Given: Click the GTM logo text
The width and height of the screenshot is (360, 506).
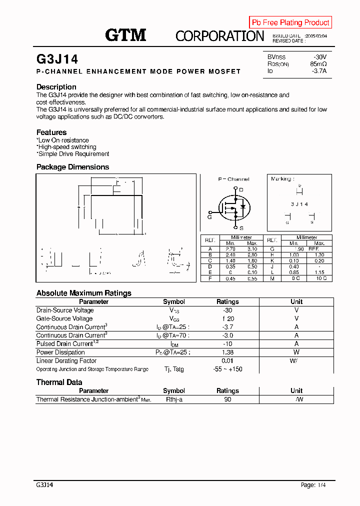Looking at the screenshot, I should pos(125,35).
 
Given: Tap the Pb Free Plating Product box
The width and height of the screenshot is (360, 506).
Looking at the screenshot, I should pos(290,22).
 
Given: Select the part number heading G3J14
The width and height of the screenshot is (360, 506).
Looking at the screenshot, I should pos(57,59).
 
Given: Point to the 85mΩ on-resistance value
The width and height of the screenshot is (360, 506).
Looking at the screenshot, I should pos(318,64).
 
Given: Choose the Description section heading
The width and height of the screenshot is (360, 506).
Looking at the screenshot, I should pos(56,87).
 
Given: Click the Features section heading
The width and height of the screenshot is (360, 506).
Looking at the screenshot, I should pos(51,132).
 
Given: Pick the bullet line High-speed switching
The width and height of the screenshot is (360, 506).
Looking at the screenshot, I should pos(66,147).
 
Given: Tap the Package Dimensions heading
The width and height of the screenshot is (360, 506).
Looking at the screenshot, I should pos(72,167).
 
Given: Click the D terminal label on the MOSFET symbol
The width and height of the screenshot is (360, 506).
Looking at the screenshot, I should pos(241,189).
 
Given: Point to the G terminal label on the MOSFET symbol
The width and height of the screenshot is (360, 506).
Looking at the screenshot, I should pos(210,216).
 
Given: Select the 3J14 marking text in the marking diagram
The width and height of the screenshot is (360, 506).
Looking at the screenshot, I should pos(299,204).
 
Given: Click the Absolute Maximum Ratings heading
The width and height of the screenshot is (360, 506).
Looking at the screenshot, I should pos(83,293).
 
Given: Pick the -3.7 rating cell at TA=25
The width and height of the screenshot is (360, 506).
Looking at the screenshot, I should pos(227,327).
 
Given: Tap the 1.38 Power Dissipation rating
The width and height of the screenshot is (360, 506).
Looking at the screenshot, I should pos(227,352).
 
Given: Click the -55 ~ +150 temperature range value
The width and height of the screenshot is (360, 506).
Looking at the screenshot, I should pos(227,369).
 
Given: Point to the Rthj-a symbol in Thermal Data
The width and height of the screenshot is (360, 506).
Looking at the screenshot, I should pos(174,399).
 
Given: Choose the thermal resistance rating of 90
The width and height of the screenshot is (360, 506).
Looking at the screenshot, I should pos(227,399).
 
